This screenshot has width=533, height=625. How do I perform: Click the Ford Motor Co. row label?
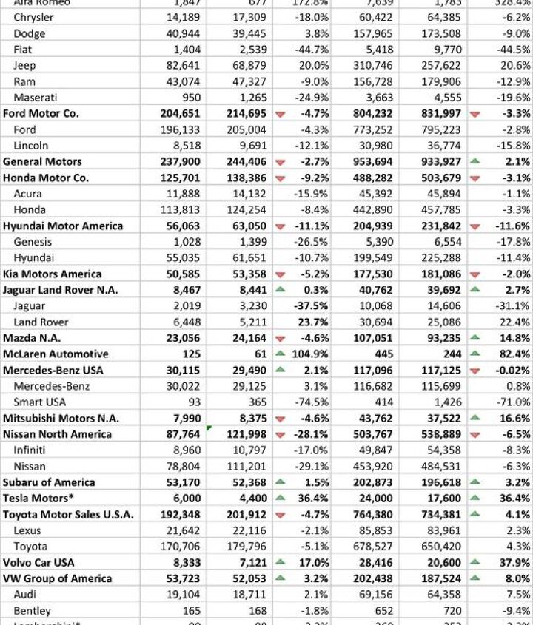pyautogui.click(x=41, y=113)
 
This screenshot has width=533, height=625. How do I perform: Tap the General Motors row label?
pyautogui.click(x=42, y=161)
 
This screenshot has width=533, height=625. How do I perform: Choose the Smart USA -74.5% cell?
pyautogui.click(x=313, y=402)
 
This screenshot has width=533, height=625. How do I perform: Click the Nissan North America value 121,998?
pyautogui.click(x=245, y=434)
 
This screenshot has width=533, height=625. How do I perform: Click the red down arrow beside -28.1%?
pyautogui.click(x=280, y=435)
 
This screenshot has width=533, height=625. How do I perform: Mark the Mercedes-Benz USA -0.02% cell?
pyautogui.click(x=512, y=371)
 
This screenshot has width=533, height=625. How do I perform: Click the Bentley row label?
pyautogui.click(x=32, y=611)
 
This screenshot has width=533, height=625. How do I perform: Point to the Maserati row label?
pyautogui.click(x=35, y=97)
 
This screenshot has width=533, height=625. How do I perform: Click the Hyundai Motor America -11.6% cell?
pyautogui.click(x=512, y=226)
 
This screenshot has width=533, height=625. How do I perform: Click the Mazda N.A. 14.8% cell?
pyautogui.click(x=514, y=338)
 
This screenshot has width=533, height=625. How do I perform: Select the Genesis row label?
pyautogui.click(x=33, y=242)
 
